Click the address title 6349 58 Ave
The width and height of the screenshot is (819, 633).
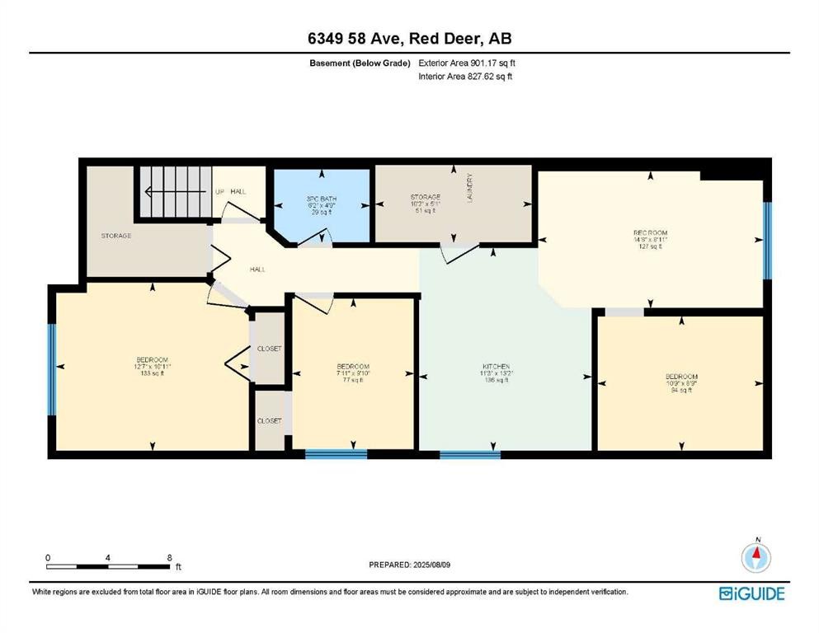click(409, 39)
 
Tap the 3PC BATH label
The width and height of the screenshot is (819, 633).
click(321, 204)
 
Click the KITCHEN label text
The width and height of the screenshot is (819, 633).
click(496, 366)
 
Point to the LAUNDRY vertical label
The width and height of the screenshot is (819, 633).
click(469, 187)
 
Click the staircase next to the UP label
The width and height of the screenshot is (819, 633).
click(174, 191)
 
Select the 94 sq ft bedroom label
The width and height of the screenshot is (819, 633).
click(681, 383)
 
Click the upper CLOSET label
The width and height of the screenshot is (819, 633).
click(269, 349)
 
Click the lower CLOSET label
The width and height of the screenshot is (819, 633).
click(269, 420)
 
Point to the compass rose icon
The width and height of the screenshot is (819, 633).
click(755, 557)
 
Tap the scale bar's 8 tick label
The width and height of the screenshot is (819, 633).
click(169, 558)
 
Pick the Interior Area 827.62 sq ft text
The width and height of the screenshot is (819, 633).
click(466, 77)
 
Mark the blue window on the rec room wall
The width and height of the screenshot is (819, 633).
click(766, 240)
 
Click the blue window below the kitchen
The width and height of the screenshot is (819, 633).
click(469, 453)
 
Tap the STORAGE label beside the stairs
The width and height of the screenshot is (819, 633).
click(116, 236)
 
